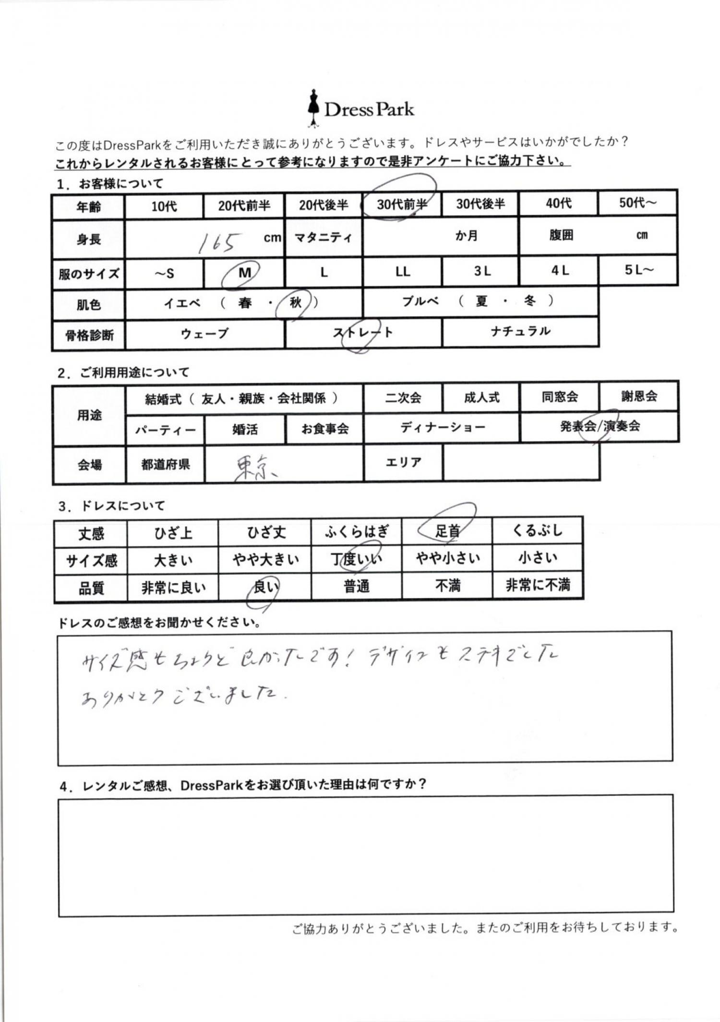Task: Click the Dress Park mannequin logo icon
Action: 313,108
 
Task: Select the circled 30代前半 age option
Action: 401,204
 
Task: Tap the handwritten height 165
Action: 217,242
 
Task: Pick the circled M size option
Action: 244,273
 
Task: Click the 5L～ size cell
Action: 638,270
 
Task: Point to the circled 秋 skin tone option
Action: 295,302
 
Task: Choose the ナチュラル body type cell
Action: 520,331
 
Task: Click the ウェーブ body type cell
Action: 204,333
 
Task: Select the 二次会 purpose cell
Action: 403,397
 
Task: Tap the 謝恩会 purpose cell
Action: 638,397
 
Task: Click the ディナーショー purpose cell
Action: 442,427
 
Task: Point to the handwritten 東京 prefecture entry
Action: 255,468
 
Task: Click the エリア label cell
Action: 403,462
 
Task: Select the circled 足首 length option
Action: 447,530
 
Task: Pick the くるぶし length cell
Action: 537,530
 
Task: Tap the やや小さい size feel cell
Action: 447,558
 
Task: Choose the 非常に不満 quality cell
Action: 538,585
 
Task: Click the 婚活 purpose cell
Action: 245,429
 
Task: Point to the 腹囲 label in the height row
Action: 561,235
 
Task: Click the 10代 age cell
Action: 164,206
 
